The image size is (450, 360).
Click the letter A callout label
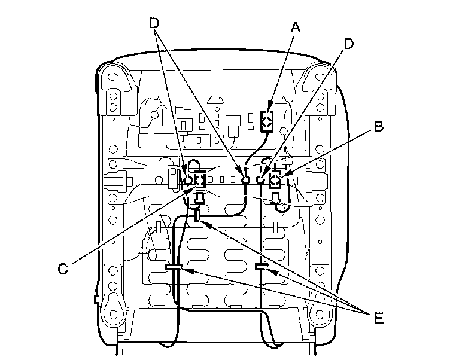pos(296,28)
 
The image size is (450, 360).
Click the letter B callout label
pos(379,126)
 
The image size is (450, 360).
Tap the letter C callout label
pos(63,269)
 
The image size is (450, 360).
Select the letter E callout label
pos(379,318)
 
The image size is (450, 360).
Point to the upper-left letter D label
pos(154,23)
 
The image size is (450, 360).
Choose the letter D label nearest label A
pos(348,44)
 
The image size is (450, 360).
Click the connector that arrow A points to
pos(267,121)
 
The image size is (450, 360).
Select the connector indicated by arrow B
pos(274,181)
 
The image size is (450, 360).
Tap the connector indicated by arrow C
pos(200,180)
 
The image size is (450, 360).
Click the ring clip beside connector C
pos(188,181)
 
